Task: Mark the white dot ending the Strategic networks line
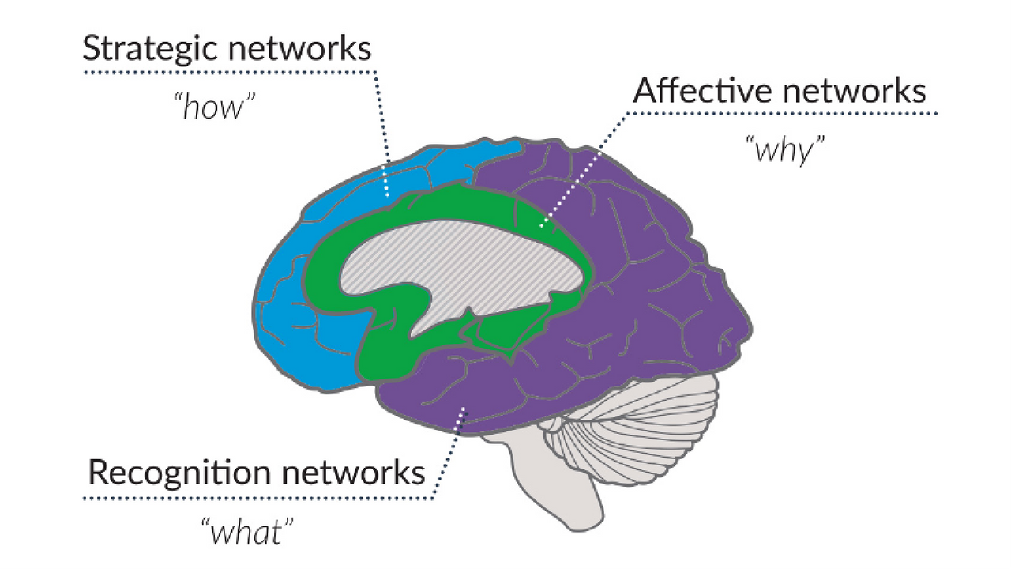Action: point(387,195)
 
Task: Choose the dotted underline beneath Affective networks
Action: point(782,113)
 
